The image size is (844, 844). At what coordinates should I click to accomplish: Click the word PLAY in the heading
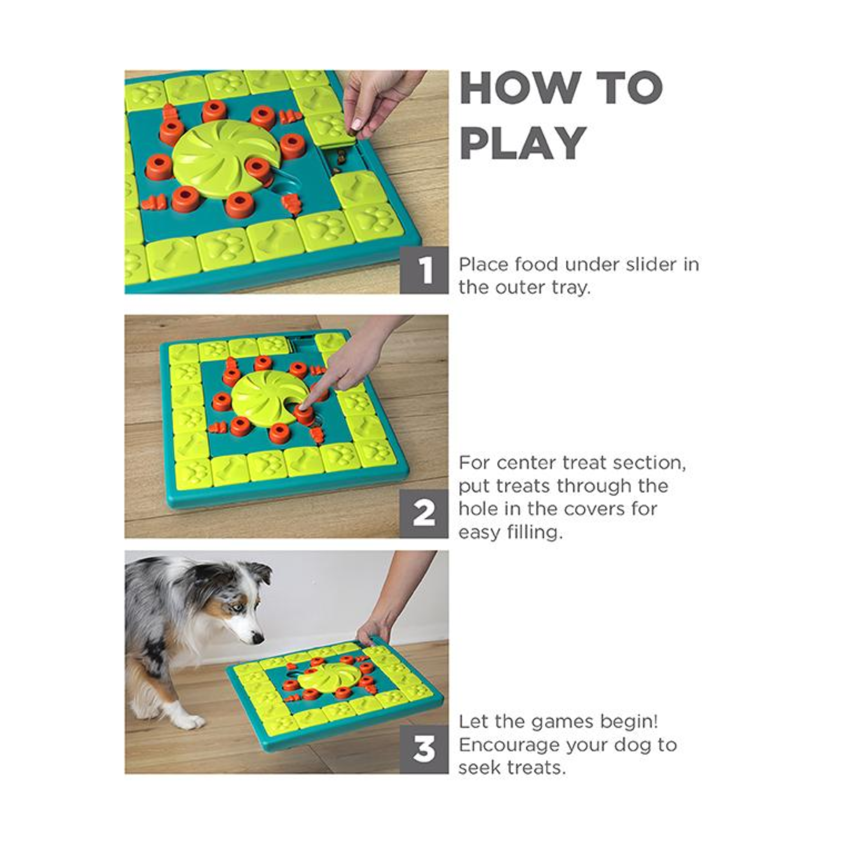[523, 143]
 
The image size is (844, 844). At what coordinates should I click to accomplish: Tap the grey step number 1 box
[424, 270]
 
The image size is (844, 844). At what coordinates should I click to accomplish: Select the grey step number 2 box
[424, 514]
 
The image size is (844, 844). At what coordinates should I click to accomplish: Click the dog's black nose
[258, 640]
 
